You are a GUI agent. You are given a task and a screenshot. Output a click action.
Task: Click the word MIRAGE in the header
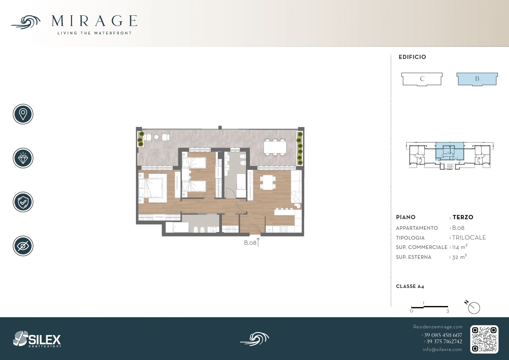(x=94, y=21)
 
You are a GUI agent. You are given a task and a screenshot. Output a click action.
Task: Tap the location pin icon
(x=23, y=114)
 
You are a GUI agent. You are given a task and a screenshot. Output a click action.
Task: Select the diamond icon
(x=23, y=158)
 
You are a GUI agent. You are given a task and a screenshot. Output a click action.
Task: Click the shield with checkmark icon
(x=23, y=202)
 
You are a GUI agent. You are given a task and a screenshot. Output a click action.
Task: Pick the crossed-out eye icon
(x=23, y=246)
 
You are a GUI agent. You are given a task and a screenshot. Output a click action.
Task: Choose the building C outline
(x=422, y=79)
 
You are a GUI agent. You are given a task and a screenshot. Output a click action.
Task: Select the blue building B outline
(x=477, y=79)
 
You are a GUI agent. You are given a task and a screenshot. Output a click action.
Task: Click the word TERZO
(x=463, y=217)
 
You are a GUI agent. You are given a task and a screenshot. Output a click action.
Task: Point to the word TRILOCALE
(x=469, y=238)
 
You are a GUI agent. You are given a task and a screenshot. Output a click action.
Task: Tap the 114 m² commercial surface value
(x=460, y=247)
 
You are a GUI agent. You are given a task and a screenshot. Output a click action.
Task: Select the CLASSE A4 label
(x=410, y=286)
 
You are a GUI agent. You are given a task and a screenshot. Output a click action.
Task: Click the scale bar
(x=430, y=307)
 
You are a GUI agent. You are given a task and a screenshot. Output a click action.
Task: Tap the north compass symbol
(x=474, y=308)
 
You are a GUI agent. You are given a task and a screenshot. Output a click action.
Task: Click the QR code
(x=484, y=339)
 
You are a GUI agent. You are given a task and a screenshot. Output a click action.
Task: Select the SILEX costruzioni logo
(x=37, y=339)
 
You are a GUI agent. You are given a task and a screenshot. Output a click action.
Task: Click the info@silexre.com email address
(x=442, y=349)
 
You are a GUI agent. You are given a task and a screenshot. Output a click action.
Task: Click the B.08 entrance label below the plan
(x=250, y=243)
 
